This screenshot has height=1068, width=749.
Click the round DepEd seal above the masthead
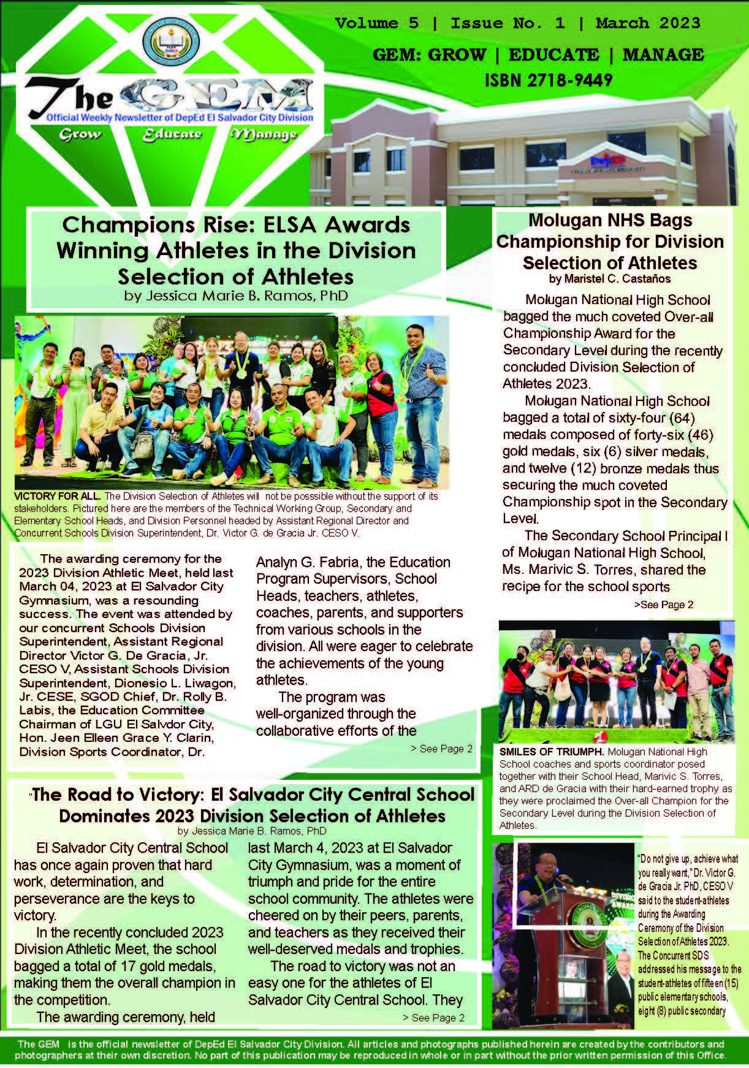[171, 44]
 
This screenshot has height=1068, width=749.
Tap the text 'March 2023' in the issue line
[648, 23]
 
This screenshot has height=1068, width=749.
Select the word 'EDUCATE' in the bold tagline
[554, 55]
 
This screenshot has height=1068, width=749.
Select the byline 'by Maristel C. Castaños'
[610, 279]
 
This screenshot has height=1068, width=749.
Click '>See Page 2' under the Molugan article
[664, 605]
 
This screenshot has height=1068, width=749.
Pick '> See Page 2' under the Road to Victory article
[433, 1018]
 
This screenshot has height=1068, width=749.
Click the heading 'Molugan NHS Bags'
[610, 220]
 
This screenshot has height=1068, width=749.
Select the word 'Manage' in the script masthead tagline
[264, 134]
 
